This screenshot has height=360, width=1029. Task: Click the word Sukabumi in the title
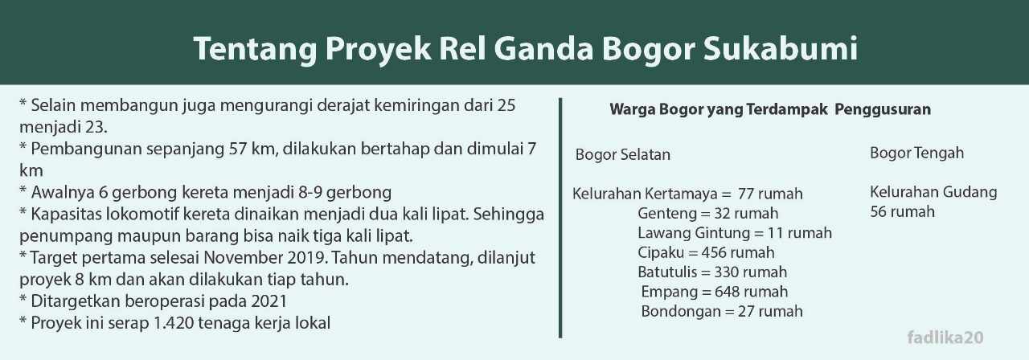781,48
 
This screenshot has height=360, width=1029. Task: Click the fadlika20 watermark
945,337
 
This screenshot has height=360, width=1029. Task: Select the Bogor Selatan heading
622,154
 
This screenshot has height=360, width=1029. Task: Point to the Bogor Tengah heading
916,153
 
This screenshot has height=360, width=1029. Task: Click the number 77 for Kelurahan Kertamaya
746,194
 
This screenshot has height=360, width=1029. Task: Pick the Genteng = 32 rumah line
708,214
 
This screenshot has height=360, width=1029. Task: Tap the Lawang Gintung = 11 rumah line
735,233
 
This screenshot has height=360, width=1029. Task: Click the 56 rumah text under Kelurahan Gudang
902,211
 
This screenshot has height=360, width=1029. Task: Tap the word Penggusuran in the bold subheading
883,109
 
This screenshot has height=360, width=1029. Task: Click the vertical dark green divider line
560,218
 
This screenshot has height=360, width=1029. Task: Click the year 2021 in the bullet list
269,301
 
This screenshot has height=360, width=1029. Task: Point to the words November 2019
265,258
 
